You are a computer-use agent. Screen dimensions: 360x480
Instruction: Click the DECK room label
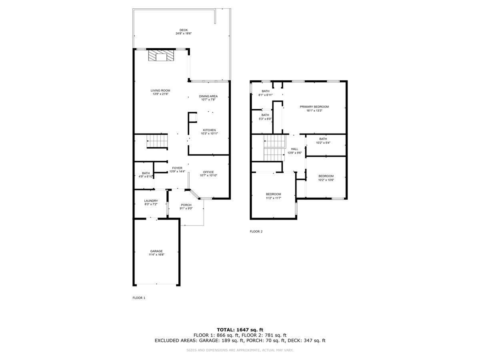(x=183, y=30)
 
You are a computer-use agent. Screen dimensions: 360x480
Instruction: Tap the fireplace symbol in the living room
(x=161, y=56)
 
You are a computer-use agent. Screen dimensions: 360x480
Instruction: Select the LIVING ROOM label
(x=160, y=90)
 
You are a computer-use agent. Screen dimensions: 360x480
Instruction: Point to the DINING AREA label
(x=208, y=96)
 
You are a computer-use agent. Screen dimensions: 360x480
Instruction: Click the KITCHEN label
(x=209, y=130)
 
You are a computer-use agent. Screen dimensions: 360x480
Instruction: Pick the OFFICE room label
(x=208, y=172)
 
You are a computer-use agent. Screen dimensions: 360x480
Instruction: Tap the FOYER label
(x=177, y=168)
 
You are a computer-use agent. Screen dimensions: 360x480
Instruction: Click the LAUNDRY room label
(x=151, y=201)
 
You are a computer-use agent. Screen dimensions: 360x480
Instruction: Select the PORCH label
(x=186, y=205)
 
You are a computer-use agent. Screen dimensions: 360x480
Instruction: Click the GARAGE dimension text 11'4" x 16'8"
(x=156, y=254)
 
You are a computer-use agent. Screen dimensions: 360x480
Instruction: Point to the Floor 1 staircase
(x=156, y=141)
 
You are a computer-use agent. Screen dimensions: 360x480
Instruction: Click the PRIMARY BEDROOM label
(x=314, y=106)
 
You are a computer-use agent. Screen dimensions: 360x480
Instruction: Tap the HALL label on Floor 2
(x=294, y=149)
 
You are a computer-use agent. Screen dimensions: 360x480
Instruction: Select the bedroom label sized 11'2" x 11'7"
(x=273, y=194)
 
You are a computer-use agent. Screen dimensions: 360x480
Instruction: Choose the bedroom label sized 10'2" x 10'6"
(x=326, y=176)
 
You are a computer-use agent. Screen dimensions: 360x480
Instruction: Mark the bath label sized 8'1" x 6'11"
(x=265, y=91)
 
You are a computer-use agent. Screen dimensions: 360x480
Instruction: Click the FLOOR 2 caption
(x=256, y=231)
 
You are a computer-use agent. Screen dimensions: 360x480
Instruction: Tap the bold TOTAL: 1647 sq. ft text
(x=240, y=330)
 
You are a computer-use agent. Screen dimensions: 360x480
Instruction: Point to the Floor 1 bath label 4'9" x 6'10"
(x=145, y=173)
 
